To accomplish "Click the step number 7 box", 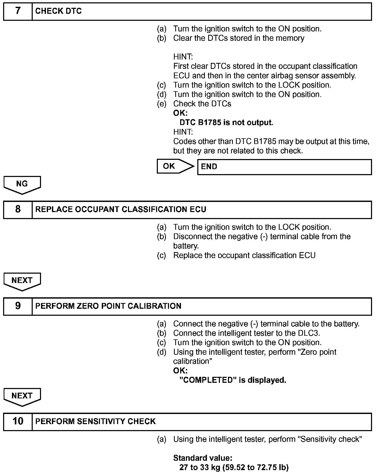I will coord(18,11).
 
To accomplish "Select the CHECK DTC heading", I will coord(58,11).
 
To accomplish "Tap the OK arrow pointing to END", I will coord(175,166).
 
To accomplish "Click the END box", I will coord(284,167).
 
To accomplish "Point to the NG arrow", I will coord(22,185).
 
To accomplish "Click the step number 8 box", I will coord(18,209).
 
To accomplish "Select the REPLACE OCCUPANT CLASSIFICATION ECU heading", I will coord(121,209).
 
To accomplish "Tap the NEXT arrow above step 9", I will coord(22,281).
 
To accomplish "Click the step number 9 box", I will coord(18,306).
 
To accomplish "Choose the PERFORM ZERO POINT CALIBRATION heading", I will coord(108,306).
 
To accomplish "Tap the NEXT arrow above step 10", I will coord(22,397).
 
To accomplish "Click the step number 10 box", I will coord(18,421).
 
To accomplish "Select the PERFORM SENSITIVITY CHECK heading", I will coord(95,421).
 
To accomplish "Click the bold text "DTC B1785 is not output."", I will coord(226,122).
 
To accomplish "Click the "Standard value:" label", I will coord(203,458).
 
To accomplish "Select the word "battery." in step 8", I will coord(186,246).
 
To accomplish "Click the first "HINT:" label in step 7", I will coord(183,57).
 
